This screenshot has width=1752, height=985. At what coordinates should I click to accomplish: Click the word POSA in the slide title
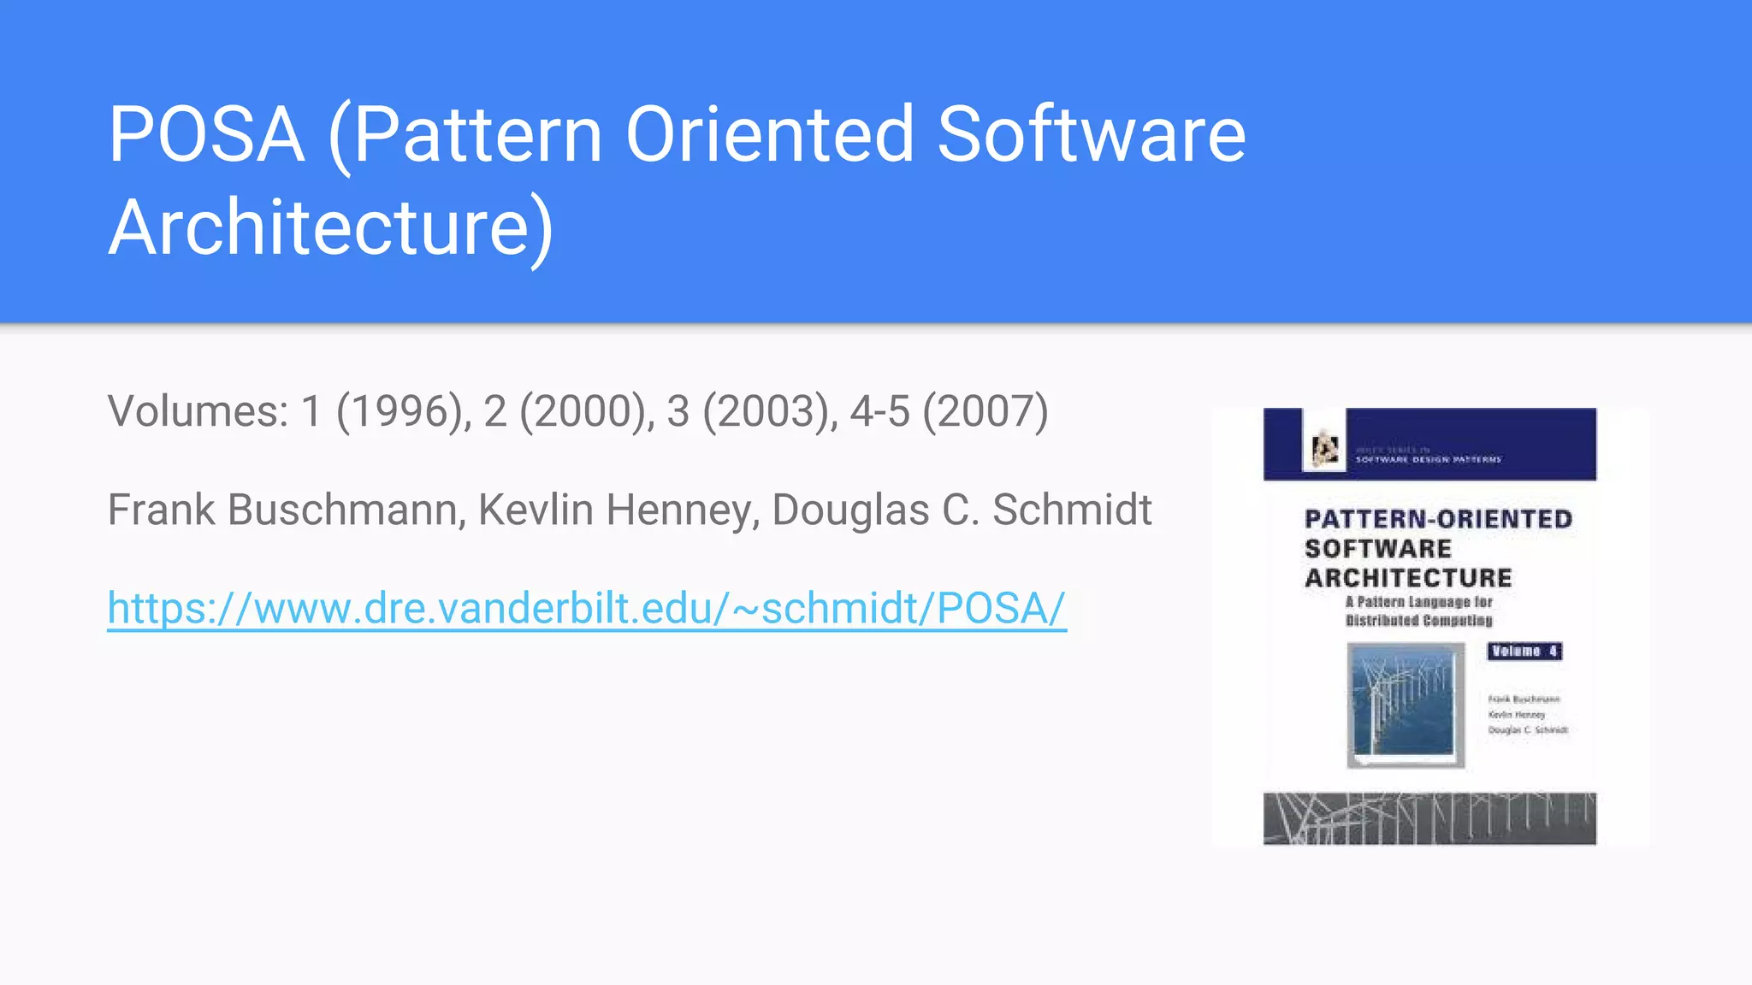(206, 134)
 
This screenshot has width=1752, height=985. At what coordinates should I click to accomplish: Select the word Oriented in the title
(770, 134)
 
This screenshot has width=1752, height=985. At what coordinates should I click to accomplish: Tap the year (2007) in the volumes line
(985, 411)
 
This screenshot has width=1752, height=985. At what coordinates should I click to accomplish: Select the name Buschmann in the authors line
(346, 510)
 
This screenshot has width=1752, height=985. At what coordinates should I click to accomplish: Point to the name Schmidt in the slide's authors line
(1072, 510)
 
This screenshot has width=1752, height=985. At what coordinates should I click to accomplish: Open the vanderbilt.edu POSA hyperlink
(587, 609)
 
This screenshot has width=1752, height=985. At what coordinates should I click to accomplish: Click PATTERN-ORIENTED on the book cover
(1438, 519)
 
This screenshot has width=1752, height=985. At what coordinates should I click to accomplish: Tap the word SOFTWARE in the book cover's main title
(1378, 548)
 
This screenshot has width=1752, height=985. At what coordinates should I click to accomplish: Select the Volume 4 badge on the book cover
(1524, 652)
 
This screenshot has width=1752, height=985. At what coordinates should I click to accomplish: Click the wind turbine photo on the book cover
(1405, 705)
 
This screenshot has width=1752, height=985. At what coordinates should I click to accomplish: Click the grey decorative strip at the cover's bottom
(1429, 818)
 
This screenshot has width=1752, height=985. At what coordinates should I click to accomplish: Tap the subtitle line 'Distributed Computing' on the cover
(1419, 621)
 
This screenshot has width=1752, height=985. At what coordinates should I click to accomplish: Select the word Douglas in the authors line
(850, 510)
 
